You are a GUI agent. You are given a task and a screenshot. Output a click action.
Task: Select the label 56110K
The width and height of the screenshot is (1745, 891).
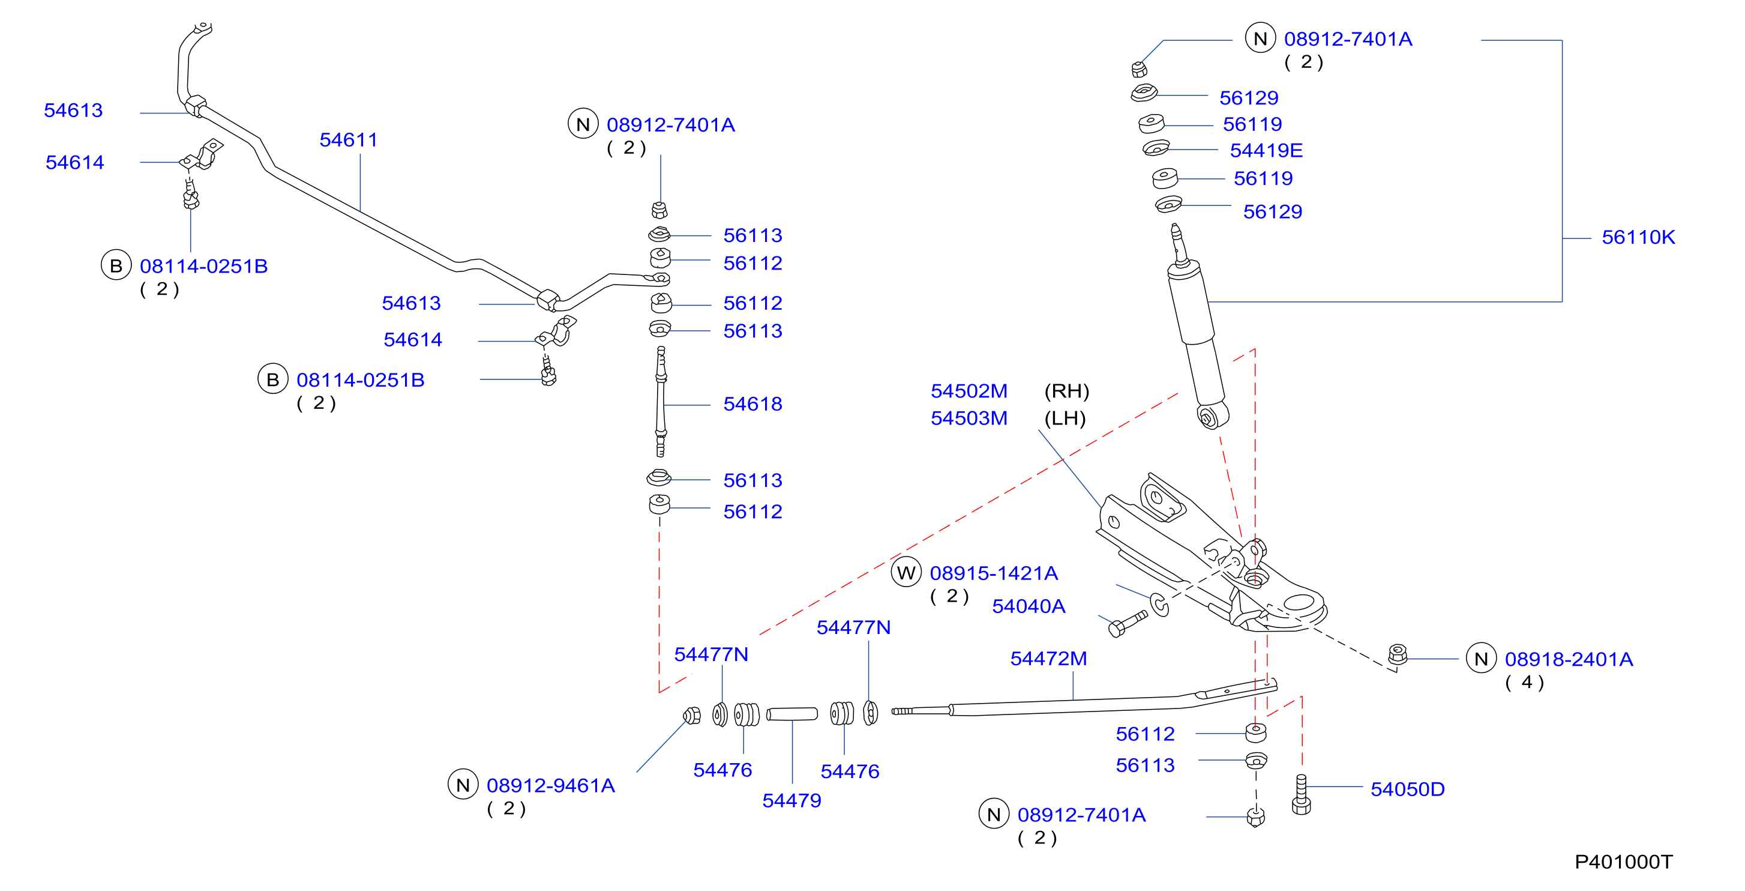click(x=1638, y=237)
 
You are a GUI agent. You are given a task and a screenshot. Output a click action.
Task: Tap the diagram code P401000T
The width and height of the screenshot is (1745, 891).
click(x=1623, y=861)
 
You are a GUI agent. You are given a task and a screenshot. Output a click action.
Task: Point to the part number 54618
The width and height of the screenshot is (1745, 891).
click(x=752, y=404)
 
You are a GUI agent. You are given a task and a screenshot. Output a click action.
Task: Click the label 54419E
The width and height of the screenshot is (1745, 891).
click(x=1266, y=151)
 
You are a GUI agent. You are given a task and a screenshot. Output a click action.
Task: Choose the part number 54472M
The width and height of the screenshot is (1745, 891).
click(x=1049, y=658)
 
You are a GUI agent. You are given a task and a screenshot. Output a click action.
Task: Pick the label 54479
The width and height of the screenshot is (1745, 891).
click(x=792, y=800)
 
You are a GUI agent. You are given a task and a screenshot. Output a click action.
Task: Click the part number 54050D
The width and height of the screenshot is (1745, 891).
click(x=1408, y=789)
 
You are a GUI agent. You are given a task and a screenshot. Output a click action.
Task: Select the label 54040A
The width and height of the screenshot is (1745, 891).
click(x=1029, y=606)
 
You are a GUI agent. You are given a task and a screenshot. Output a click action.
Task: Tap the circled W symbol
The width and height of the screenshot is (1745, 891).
click(x=906, y=573)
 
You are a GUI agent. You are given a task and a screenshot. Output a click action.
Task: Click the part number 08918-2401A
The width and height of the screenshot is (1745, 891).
click(x=1569, y=659)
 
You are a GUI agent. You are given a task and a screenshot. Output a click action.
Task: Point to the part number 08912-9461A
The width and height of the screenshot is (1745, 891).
click(x=551, y=785)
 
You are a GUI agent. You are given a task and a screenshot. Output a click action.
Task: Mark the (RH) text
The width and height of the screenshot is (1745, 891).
click(x=1067, y=391)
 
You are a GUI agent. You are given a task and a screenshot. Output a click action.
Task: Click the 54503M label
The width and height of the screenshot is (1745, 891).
click(x=969, y=418)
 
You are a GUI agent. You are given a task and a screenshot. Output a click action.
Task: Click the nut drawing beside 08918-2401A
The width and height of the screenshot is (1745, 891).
click(x=1397, y=654)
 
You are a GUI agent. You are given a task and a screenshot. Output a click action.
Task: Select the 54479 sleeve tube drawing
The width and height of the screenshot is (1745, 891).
click(x=792, y=714)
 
